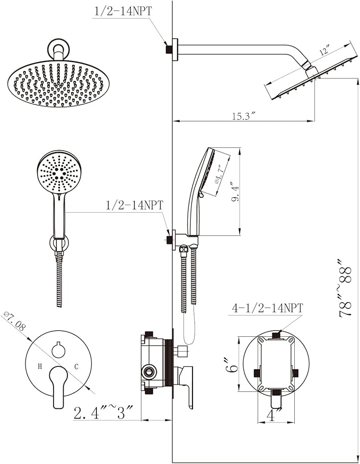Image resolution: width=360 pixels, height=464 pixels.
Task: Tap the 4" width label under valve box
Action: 274,415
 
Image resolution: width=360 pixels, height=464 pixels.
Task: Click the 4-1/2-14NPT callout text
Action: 267,308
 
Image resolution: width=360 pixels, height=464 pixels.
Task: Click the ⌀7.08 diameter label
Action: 14,321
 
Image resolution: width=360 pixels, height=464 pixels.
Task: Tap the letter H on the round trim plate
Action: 40,366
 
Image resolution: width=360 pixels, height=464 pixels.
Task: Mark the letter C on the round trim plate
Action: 76,366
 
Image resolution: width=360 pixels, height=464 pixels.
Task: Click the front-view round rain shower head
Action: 56,84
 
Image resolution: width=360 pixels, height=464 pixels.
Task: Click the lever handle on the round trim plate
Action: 57,387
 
